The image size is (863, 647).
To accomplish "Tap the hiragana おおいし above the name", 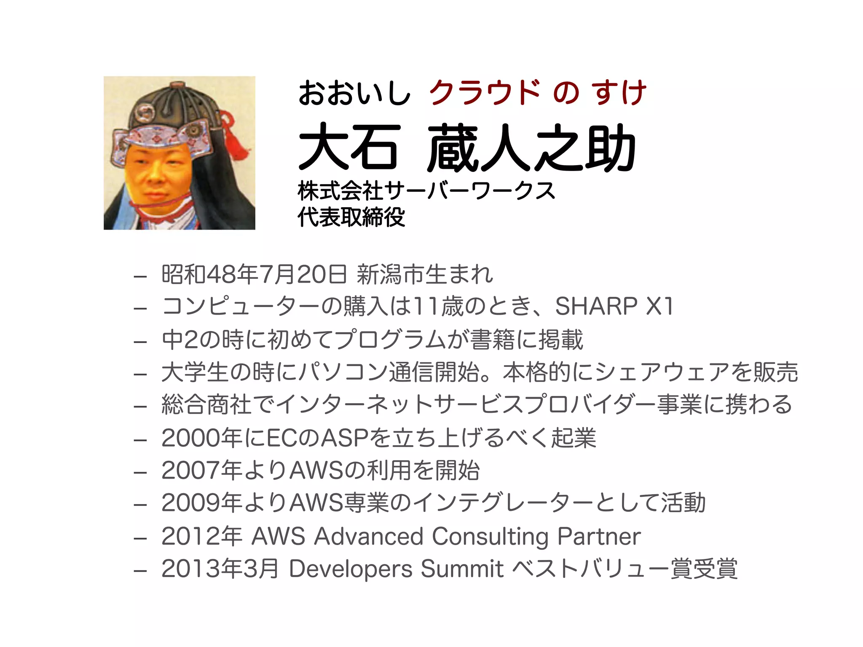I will pyautogui.click(x=354, y=93).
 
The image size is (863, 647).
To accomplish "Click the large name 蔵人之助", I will pyautogui.click(x=531, y=147).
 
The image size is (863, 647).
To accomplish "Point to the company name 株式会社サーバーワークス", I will pyautogui.click(x=426, y=191).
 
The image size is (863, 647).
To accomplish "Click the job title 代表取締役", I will pyautogui.click(x=351, y=217).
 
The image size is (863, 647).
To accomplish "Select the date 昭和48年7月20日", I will pyautogui.click(x=254, y=274).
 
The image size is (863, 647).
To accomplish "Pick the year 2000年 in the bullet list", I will pyautogui.click(x=201, y=438).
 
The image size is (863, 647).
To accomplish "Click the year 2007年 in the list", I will pyautogui.click(x=201, y=471).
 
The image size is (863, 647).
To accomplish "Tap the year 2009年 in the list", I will pyautogui.click(x=201, y=503).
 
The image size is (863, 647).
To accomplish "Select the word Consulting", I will pyautogui.click(x=490, y=537).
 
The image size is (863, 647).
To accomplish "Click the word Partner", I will pyautogui.click(x=599, y=537).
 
